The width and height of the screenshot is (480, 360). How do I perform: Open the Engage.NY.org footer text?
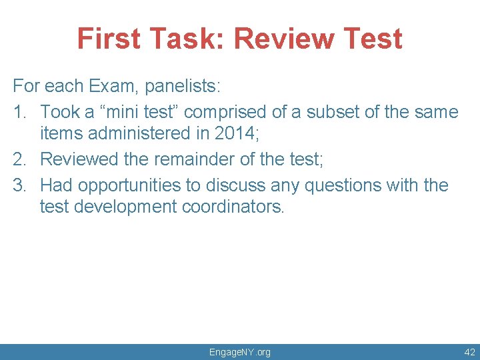point(240,351)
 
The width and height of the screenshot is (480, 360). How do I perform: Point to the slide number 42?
point(469,351)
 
